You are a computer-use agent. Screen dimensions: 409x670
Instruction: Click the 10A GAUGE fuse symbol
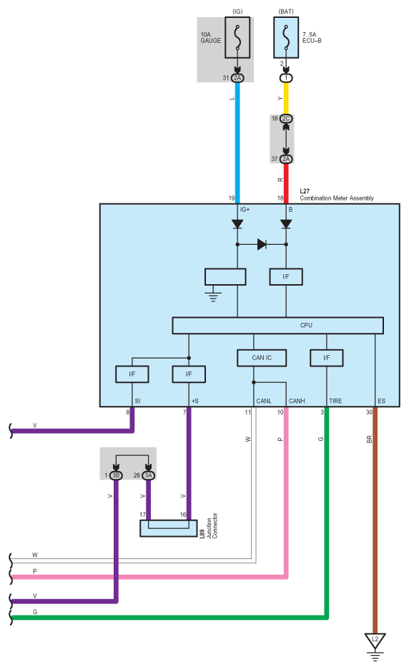pos(237,38)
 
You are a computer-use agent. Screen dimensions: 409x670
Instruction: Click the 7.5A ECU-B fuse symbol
pos(286,38)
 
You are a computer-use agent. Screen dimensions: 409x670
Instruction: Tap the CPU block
pos(277,326)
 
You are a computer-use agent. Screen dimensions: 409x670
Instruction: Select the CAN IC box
pos(262,358)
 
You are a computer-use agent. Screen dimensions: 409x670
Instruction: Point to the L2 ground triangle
pos(375,641)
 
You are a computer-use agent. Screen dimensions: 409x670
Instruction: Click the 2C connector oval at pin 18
pos(286,118)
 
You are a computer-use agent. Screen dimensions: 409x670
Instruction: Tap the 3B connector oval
pos(116,475)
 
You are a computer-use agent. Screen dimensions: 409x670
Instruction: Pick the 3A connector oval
pos(148,475)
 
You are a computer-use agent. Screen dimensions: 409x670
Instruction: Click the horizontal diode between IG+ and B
pos(262,244)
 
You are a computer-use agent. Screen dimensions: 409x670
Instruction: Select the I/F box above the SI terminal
pos(132,374)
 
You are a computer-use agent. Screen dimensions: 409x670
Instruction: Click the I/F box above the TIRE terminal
pos(327,358)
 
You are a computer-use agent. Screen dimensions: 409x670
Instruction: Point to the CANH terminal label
pos(297,401)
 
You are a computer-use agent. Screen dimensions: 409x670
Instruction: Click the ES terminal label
pos(382,401)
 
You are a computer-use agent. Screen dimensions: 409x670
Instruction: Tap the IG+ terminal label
pos(245,209)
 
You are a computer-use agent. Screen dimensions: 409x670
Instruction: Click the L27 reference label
pos(305,191)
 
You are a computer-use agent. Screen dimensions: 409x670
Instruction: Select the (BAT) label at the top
pos(286,11)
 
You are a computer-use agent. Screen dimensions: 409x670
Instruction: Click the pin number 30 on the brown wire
pos(369,412)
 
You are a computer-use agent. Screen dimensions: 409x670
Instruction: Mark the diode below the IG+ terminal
pos(237,224)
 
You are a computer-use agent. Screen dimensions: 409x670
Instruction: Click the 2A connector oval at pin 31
pos(237,78)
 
